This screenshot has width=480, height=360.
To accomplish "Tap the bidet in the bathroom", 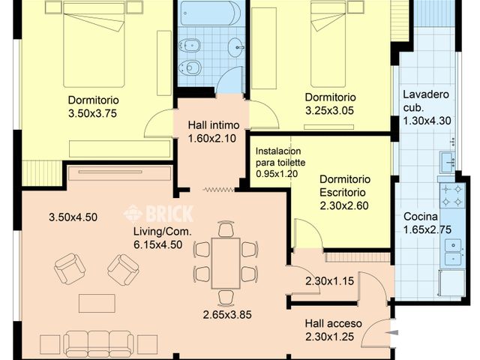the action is [190, 45].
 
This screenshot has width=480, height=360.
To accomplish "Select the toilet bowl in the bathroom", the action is [190, 67].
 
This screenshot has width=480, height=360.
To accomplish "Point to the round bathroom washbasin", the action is [236, 47].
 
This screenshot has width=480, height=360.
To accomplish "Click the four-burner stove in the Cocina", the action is [451, 195].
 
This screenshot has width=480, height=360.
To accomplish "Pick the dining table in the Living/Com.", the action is [226, 263].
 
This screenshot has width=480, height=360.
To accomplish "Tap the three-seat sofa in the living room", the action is [98, 343].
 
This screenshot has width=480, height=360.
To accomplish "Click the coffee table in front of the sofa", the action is [97, 303].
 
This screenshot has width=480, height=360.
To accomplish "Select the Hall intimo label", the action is [213, 125].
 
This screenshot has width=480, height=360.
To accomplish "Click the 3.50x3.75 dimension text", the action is [92, 113].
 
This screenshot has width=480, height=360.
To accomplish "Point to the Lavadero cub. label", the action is [426, 101].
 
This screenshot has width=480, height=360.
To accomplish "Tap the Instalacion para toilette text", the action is [280, 157].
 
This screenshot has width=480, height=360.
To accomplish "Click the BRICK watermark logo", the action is [158, 213].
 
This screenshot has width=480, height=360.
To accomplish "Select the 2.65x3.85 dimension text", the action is [227, 315].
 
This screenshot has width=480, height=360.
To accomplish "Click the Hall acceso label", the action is [333, 323].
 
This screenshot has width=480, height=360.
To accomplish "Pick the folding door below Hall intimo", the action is [218, 190].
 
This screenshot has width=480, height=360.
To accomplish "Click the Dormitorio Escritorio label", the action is [345, 185].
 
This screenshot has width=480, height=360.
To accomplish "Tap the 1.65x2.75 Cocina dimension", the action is [427, 229].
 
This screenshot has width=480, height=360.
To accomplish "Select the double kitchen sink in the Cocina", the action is [453, 253].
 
